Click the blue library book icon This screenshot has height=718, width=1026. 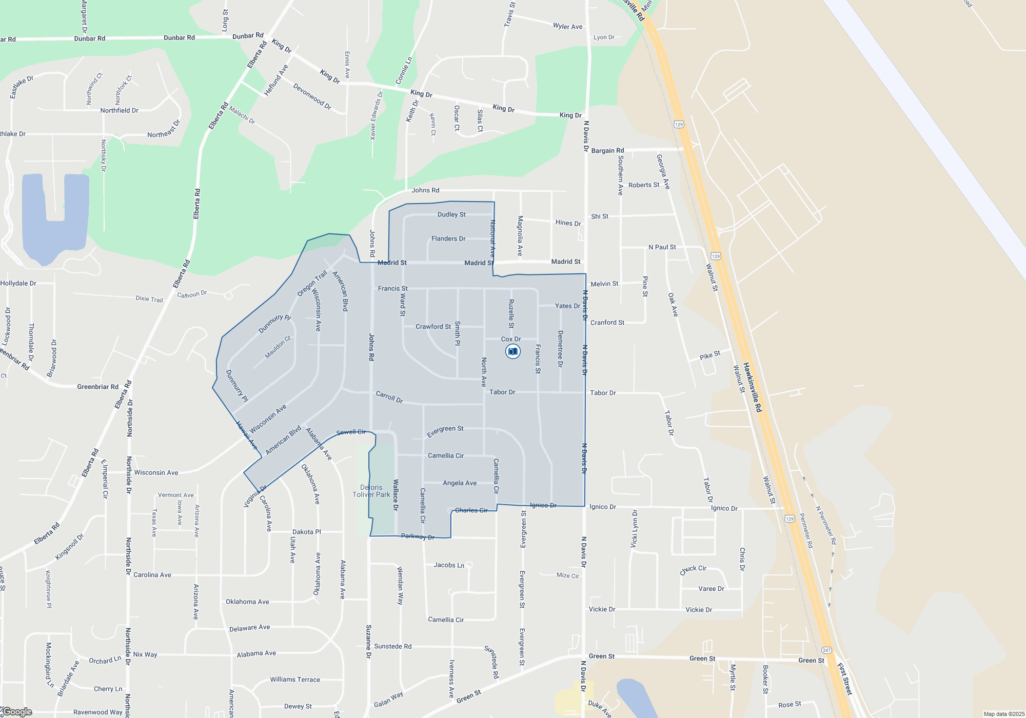pyautogui.click(x=512, y=351)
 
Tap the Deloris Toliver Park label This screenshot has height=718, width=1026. pyautogui.click(x=371, y=491)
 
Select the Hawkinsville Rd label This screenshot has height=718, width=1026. pyautogui.click(x=753, y=388)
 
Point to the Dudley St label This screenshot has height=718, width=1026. pyautogui.click(x=451, y=214)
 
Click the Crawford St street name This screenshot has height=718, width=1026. pyautogui.click(x=433, y=327)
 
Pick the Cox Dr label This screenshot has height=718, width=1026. pyautogui.click(x=510, y=339)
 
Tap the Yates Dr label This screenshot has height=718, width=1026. pyautogui.click(x=567, y=306)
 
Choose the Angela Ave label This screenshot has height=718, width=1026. pyautogui.click(x=460, y=483)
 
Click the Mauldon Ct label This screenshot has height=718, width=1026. pyautogui.click(x=278, y=347)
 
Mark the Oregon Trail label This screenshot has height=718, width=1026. pyautogui.click(x=312, y=284)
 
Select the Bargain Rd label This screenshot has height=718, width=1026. pyautogui.click(x=607, y=151)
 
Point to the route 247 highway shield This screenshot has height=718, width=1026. pyautogui.click(x=826, y=650)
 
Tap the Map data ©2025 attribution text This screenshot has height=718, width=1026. pyautogui.click(x=1004, y=714)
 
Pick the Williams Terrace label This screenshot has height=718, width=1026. pyautogui.click(x=295, y=680)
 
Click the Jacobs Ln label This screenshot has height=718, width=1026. pyautogui.click(x=449, y=565)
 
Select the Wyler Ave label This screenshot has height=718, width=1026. pyautogui.click(x=567, y=26)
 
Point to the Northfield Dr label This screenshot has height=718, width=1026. pyautogui.click(x=119, y=110)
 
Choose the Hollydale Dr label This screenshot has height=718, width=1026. pyautogui.click(x=18, y=283)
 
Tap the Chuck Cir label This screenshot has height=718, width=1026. pyautogui.click(x=693, y=569)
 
